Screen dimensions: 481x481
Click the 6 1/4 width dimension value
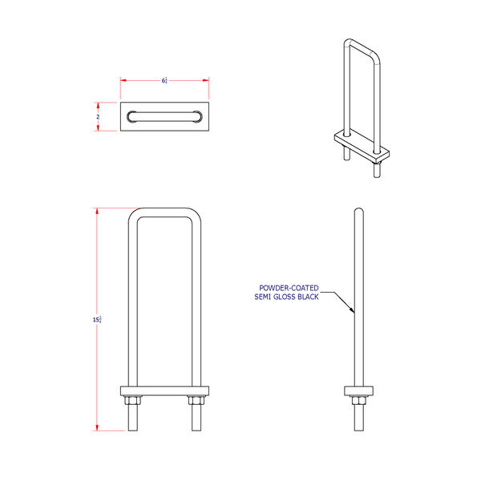pos(164,80)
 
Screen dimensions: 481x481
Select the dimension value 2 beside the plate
pos(98,116)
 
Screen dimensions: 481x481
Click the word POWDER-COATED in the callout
pos(289,288)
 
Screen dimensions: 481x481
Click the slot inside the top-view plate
pos(164,116)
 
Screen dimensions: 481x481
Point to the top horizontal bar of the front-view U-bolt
pos(164,212)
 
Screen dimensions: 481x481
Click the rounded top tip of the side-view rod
pos(358,210)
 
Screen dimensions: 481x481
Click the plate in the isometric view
pos(362,145)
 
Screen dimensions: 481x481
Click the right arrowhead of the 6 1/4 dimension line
pos(207,80)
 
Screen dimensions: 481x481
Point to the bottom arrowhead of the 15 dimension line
pos(98,428)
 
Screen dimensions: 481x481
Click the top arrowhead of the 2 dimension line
pos(98,104)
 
